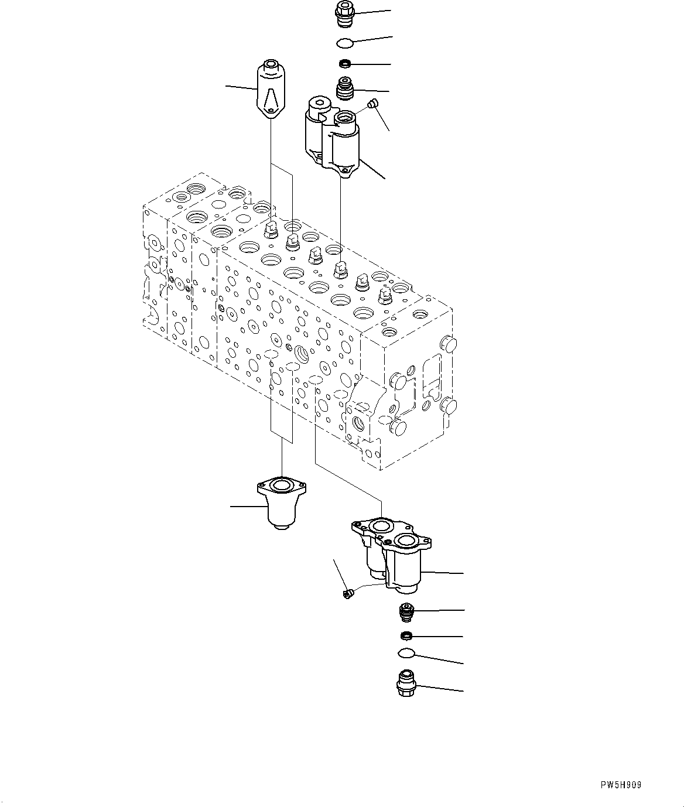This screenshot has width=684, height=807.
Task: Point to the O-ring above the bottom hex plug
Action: click(x=405, y=654)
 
